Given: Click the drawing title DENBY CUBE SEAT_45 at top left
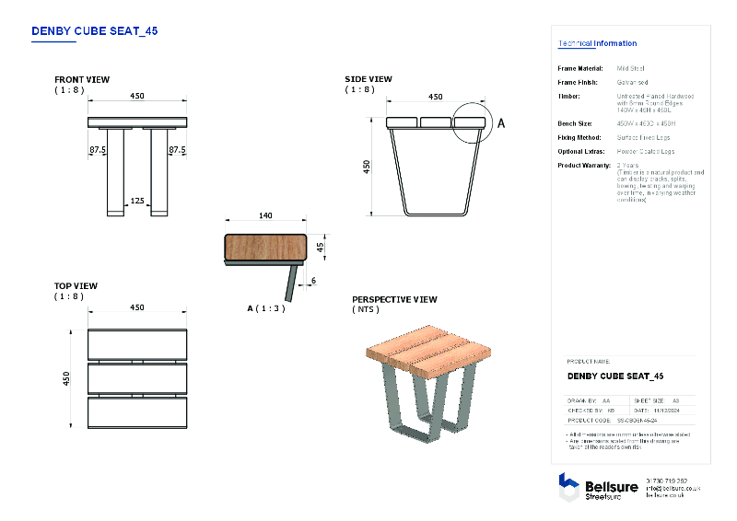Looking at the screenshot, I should click(94, 30).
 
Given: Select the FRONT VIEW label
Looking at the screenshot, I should click(82, 80).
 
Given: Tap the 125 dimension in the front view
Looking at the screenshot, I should click(136, 200).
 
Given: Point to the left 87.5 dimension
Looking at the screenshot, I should click(98, 149).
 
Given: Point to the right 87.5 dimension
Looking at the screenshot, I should click(177, 149).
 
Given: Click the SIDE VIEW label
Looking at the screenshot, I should click(368, 80).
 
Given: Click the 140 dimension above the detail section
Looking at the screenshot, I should click(265, 215).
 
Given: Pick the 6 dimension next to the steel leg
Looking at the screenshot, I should click(312, 280).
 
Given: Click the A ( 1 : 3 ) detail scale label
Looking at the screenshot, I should click(265, 308).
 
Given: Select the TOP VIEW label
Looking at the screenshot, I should click(76, 286).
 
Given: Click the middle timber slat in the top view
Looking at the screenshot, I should click(137, 377).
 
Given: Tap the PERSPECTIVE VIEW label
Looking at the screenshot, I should click(394, 300).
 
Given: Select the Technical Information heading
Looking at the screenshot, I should click(597, 43).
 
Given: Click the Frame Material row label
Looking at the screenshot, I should click(580, 68).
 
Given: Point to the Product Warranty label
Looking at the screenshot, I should click(584, 165).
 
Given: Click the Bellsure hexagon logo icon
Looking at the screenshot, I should click(568, 487).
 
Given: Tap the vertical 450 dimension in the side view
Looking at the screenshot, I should click(366, 167).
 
